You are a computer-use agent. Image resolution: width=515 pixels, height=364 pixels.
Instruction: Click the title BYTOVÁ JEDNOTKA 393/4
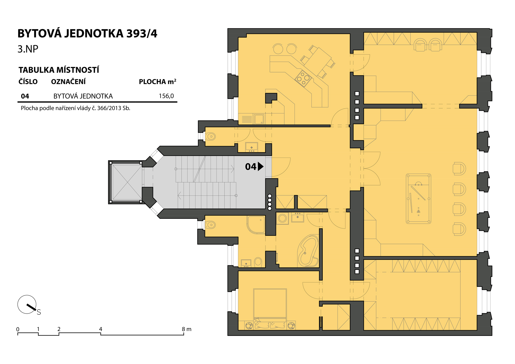click(87, 34)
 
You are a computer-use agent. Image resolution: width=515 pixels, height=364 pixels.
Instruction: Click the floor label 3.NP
click(28, 49)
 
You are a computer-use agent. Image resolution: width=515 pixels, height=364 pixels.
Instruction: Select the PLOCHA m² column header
click(157, 81)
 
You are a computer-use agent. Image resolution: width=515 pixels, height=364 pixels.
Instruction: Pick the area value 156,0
click(166, 96)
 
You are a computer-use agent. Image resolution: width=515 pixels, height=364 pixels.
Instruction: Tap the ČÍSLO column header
click(28, 81)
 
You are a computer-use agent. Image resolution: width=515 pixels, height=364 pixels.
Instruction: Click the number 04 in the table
click(25, 96)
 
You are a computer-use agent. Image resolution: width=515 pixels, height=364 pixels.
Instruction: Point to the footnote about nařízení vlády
click(75, 108)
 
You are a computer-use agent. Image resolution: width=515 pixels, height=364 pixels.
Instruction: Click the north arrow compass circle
click(27, 304)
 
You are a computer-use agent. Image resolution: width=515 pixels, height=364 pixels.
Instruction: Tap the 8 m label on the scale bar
click(186, 329)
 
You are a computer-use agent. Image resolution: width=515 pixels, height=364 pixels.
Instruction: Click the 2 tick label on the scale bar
click(59, 329)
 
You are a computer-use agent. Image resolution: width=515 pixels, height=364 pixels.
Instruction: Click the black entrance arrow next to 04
click(260, 166)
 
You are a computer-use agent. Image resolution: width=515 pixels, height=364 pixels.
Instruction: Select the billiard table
click(418, 199)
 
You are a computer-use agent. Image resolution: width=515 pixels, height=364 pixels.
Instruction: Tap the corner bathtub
click(308, 251)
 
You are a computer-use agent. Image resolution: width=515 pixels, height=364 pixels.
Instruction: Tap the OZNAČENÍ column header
click(68, 81)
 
